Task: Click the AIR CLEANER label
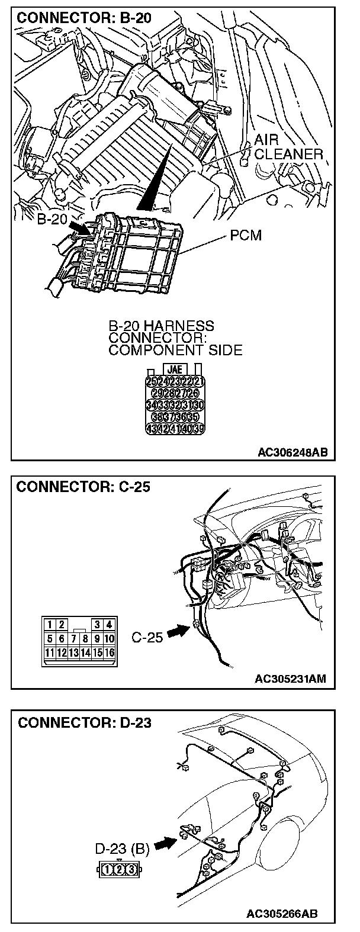pos(288,147)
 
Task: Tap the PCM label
pos(245,236)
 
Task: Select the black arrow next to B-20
pos(78,226)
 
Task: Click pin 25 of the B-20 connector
pos(150,381)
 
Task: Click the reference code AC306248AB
pos(292,452)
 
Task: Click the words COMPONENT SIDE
pos(175,350)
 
